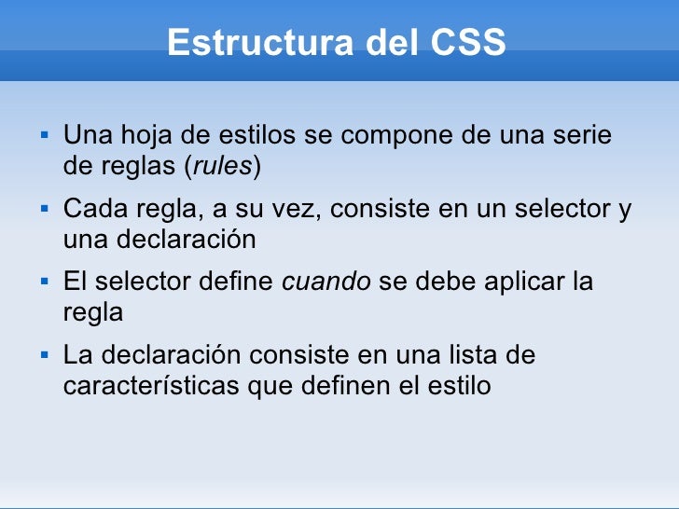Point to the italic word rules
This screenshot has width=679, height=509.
[x=223, y=167]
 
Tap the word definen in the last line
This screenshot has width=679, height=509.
[x=344, y=385]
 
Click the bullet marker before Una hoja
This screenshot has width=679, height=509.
[x=44, y=136]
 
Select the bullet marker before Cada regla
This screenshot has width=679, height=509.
[x=44, y=209]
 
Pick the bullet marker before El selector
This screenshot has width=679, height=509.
[x=44, y=282]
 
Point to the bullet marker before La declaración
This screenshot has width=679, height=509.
[x=44, y=354]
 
